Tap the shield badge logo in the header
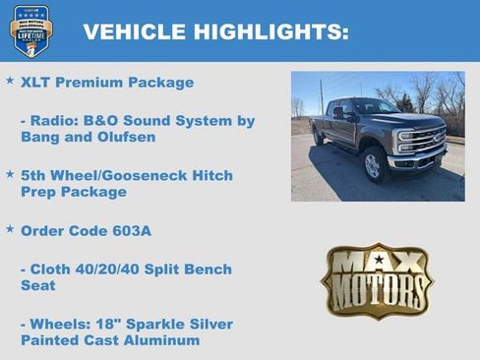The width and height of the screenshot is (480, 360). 30,30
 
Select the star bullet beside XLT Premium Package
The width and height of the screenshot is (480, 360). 10,80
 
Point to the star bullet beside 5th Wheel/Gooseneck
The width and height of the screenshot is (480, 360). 10,174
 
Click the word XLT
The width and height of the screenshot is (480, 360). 36,83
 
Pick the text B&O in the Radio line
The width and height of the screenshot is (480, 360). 110,121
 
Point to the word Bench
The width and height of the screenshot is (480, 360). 208,270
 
